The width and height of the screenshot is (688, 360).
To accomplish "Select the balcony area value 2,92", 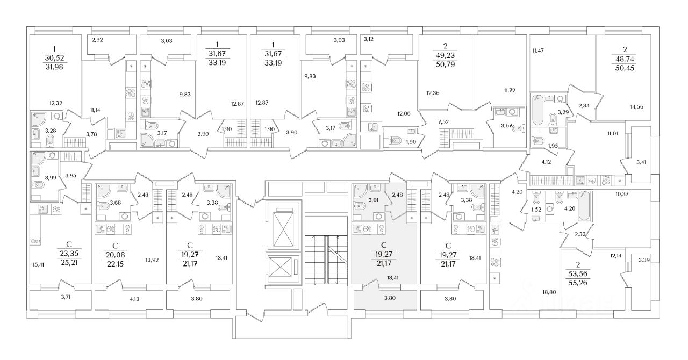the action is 97,39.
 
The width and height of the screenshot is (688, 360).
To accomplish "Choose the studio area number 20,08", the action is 116,253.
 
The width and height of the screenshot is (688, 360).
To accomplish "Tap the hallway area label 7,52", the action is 444,121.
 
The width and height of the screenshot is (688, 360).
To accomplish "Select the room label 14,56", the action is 636,106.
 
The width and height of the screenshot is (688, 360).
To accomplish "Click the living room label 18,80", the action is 548,292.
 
